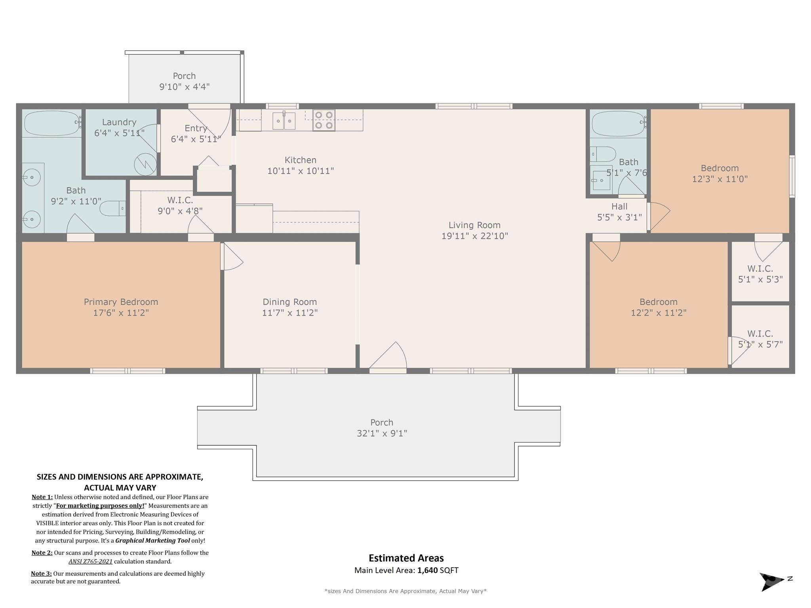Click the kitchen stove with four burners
pos(324,120)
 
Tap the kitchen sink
pos(284,121)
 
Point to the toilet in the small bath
pos(603,154)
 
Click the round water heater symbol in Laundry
pos(145,164)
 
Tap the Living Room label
pos(474,225)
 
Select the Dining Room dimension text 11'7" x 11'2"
pos(290,313)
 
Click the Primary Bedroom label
pos(121,302)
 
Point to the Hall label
pos(619,206)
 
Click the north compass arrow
pos(772,581)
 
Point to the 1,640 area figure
pos(428,570)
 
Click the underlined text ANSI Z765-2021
pos(91,561)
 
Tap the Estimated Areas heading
pos(406,558)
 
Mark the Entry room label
pos(196,128)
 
